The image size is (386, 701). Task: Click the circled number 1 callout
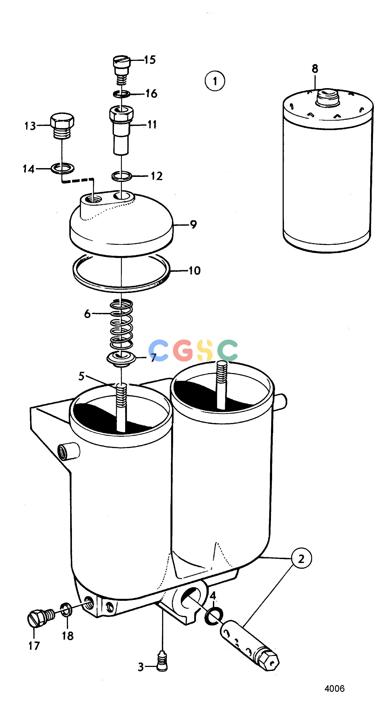(x=215, y=81)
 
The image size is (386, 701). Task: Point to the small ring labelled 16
(x=122, y=94)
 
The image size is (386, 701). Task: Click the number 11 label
(x=152, y=124)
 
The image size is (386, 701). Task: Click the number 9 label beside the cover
(x=193, y=225)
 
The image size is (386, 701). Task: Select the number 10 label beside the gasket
(x=195, y=271)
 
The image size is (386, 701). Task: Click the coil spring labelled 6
(x=121, y=324)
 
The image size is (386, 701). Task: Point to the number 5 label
(x=81, y=377)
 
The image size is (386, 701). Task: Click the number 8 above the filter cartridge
(x=315, y=69)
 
